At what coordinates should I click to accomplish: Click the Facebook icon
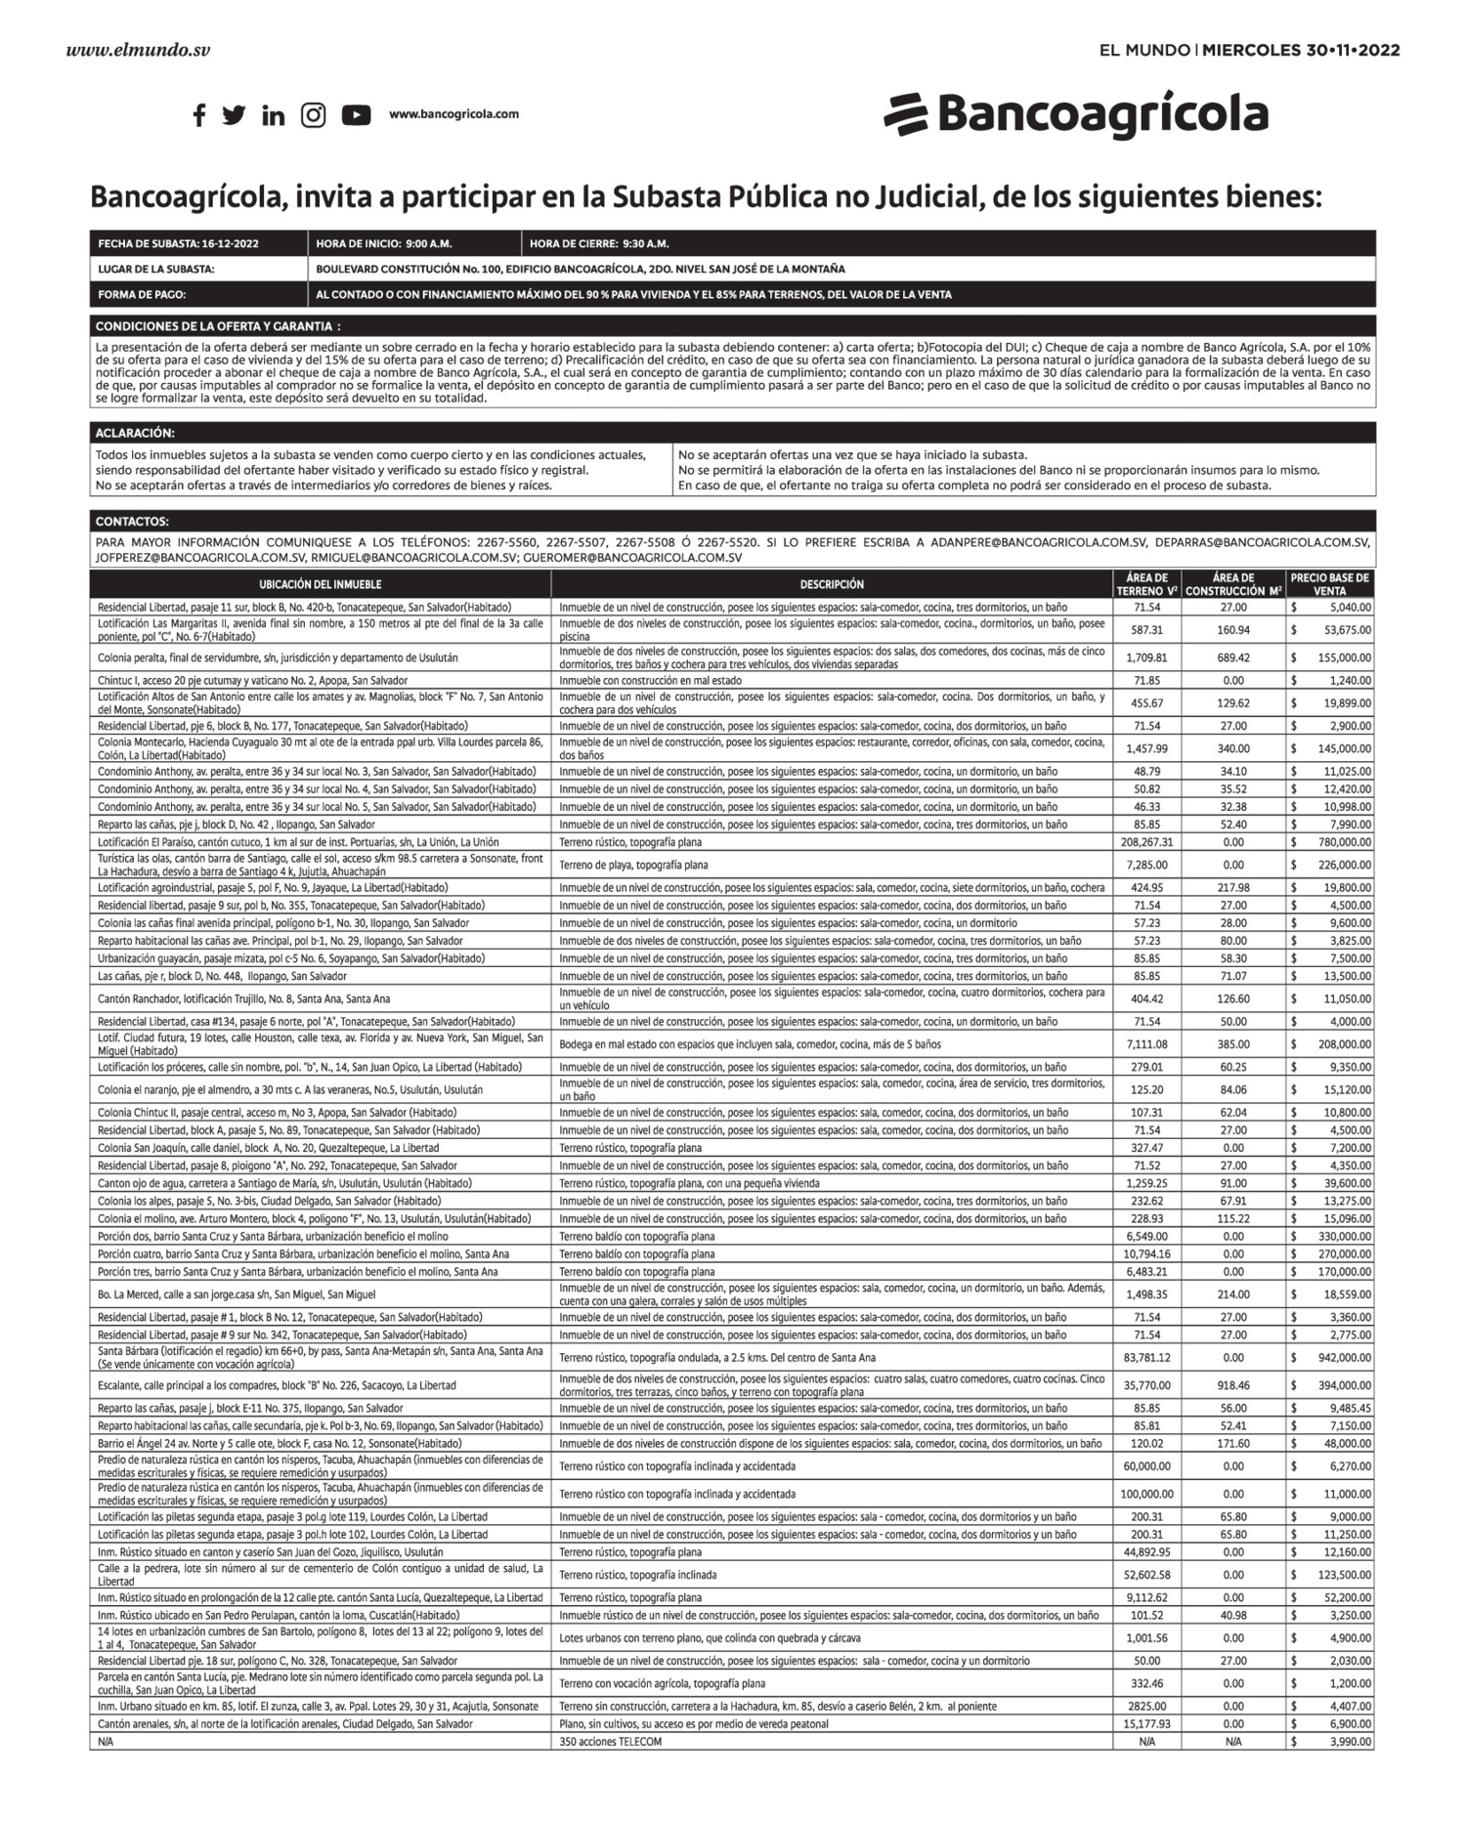tap(199, 115)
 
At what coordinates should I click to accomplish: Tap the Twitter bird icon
tap(234, 115)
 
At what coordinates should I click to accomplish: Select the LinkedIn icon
tap(274, 115)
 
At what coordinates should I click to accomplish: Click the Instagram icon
tap(313, 115)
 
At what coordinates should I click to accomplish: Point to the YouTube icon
tap(356, 115)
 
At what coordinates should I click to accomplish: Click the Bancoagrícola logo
tap(1076, 114)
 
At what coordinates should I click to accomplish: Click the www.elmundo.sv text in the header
tap(138, 50)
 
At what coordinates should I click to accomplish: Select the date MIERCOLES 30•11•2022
tap(1300, 50)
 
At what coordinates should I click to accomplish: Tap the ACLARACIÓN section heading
tap(135, 433)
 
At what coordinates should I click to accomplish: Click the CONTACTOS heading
tap(132, 522)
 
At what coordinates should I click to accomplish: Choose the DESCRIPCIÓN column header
tap(832, 584)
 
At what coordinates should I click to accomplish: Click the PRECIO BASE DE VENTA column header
tap(1329, 584)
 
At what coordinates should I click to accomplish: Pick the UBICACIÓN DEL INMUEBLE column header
tap(321, 584)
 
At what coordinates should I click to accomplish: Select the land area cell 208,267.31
tap(1147, 842)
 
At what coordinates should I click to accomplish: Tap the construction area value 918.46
tap(1233, 1385)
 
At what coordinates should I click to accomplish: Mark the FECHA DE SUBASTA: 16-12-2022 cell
tap(179, 243)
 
